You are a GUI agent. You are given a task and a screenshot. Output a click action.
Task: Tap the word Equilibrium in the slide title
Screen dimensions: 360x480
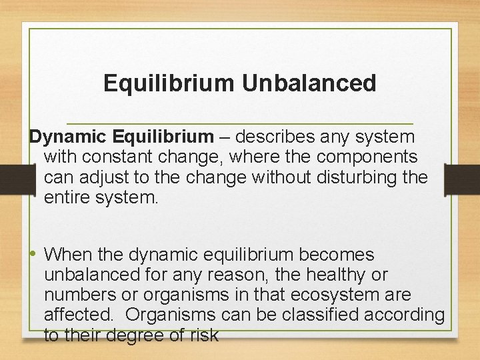point(170,83)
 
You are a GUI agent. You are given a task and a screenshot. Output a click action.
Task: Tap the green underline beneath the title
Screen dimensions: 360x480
point(240,123)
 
